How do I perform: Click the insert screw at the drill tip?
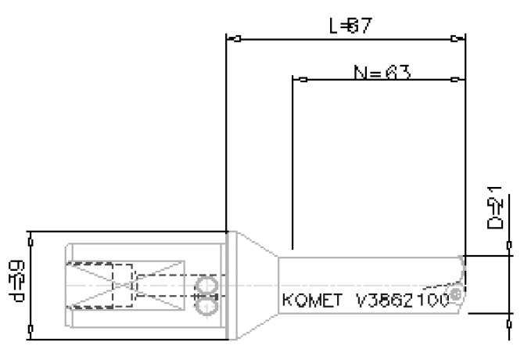tap(455, 294)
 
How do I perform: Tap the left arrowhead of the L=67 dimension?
tap(232, 38)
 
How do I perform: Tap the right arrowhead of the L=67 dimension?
tap(458, 38)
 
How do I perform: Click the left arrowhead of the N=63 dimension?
tap(298, 79)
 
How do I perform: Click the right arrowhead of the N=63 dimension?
tap(458, 79)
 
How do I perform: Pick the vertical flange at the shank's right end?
tap(228, 286)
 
